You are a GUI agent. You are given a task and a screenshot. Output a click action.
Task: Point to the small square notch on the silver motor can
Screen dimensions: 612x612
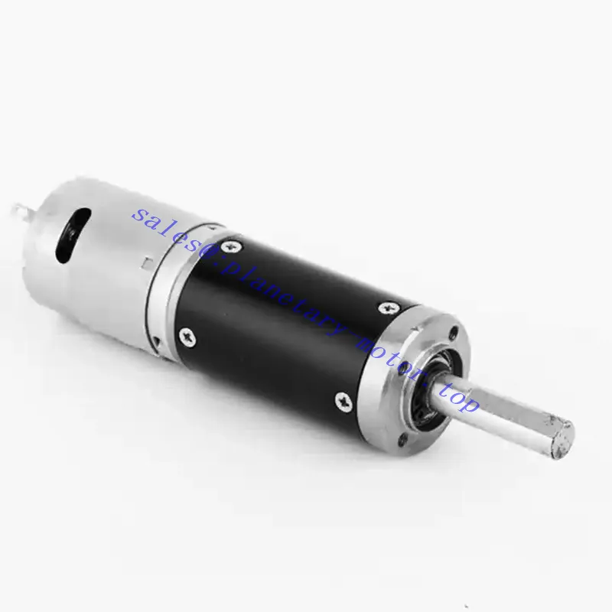(147, 262)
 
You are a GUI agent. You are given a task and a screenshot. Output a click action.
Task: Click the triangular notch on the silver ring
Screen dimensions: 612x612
(157, 341)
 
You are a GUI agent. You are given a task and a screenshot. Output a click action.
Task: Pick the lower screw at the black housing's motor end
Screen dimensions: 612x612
(187, 337)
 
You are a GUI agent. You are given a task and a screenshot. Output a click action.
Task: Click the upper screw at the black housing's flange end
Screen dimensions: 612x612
(388, 308)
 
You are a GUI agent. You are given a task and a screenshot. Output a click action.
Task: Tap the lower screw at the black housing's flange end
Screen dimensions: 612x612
(343, 402)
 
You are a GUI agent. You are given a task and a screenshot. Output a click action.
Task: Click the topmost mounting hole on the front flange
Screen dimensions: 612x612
(454, 333)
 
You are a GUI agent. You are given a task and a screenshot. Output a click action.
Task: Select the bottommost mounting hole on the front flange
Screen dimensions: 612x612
(403, 441)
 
